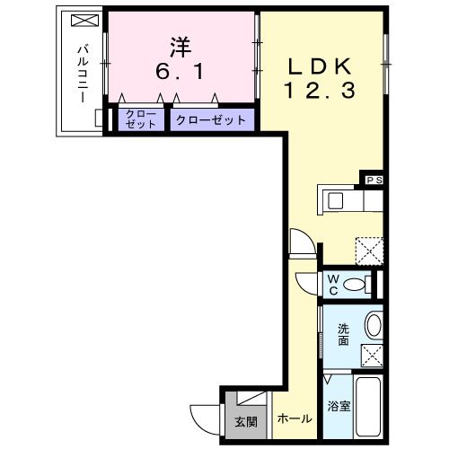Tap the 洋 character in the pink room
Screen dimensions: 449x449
point(178,45)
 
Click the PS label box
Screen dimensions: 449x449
point(374,180)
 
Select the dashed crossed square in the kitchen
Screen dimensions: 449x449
point(368,249)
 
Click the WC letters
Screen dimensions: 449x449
point(332,285)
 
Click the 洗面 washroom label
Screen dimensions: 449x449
point(343,334)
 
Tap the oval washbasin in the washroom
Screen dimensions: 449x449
point(373,324)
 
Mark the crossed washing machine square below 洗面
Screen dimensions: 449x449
point(373,353)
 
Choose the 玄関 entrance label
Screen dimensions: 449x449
point(244,420)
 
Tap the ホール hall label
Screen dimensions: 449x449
point(294,419)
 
